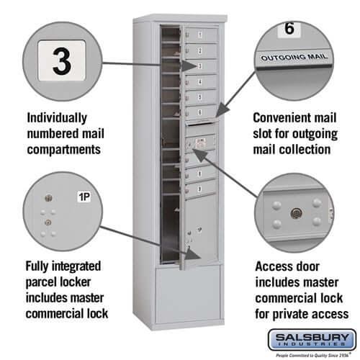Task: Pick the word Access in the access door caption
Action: click(276, 265)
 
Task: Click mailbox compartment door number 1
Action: click(199, 35)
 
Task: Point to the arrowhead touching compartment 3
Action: click(189, 66)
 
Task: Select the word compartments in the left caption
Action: click(63, 149)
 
